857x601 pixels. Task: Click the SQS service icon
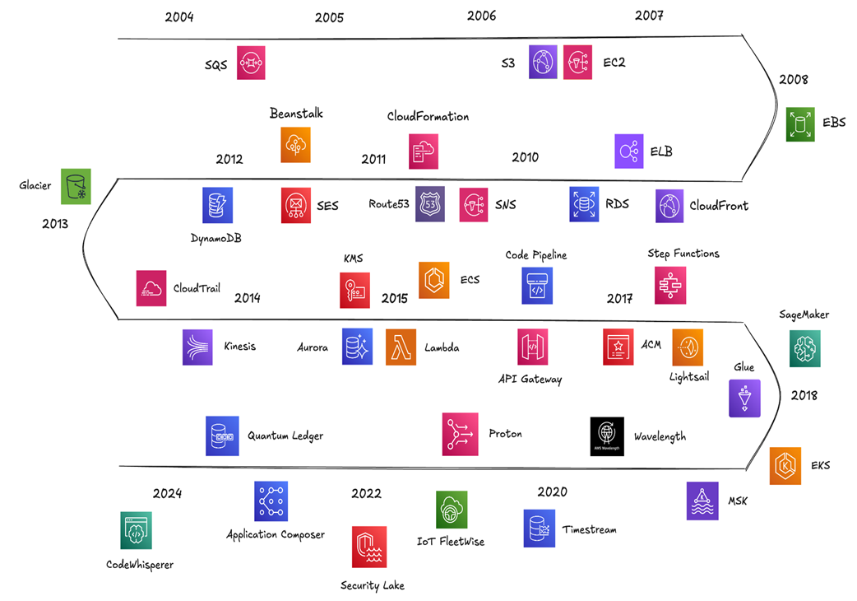[x=251, y=63]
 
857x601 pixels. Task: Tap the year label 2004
[x=179, y=17]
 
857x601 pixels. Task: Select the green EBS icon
[x=799, y=124]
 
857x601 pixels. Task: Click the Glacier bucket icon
[x=76, y=186]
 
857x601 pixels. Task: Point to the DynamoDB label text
[x=215, y=238]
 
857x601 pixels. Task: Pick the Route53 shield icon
[x=430, y=204]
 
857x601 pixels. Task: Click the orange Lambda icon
[x=401, y=347]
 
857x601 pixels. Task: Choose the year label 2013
[x=55, y=223]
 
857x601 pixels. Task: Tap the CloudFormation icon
[x=424, y=151]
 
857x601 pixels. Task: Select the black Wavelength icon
[x=607, y=436]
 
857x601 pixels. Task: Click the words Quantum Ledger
[x=285, y=436]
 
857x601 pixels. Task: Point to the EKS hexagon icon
[x=785, y=466]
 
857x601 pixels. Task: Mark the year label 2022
[x=366, y=494]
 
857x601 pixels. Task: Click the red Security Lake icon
[x=369, y=547]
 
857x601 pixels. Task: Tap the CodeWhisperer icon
[x=136, y=530]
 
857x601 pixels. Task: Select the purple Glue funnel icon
[x=744, y=398]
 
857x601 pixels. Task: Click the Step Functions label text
[x=683, y=254]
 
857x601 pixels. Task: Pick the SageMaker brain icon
[x=804, y=347]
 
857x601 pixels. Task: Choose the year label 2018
[x=804, y=395]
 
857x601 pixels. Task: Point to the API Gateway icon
[x=532, y=347]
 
